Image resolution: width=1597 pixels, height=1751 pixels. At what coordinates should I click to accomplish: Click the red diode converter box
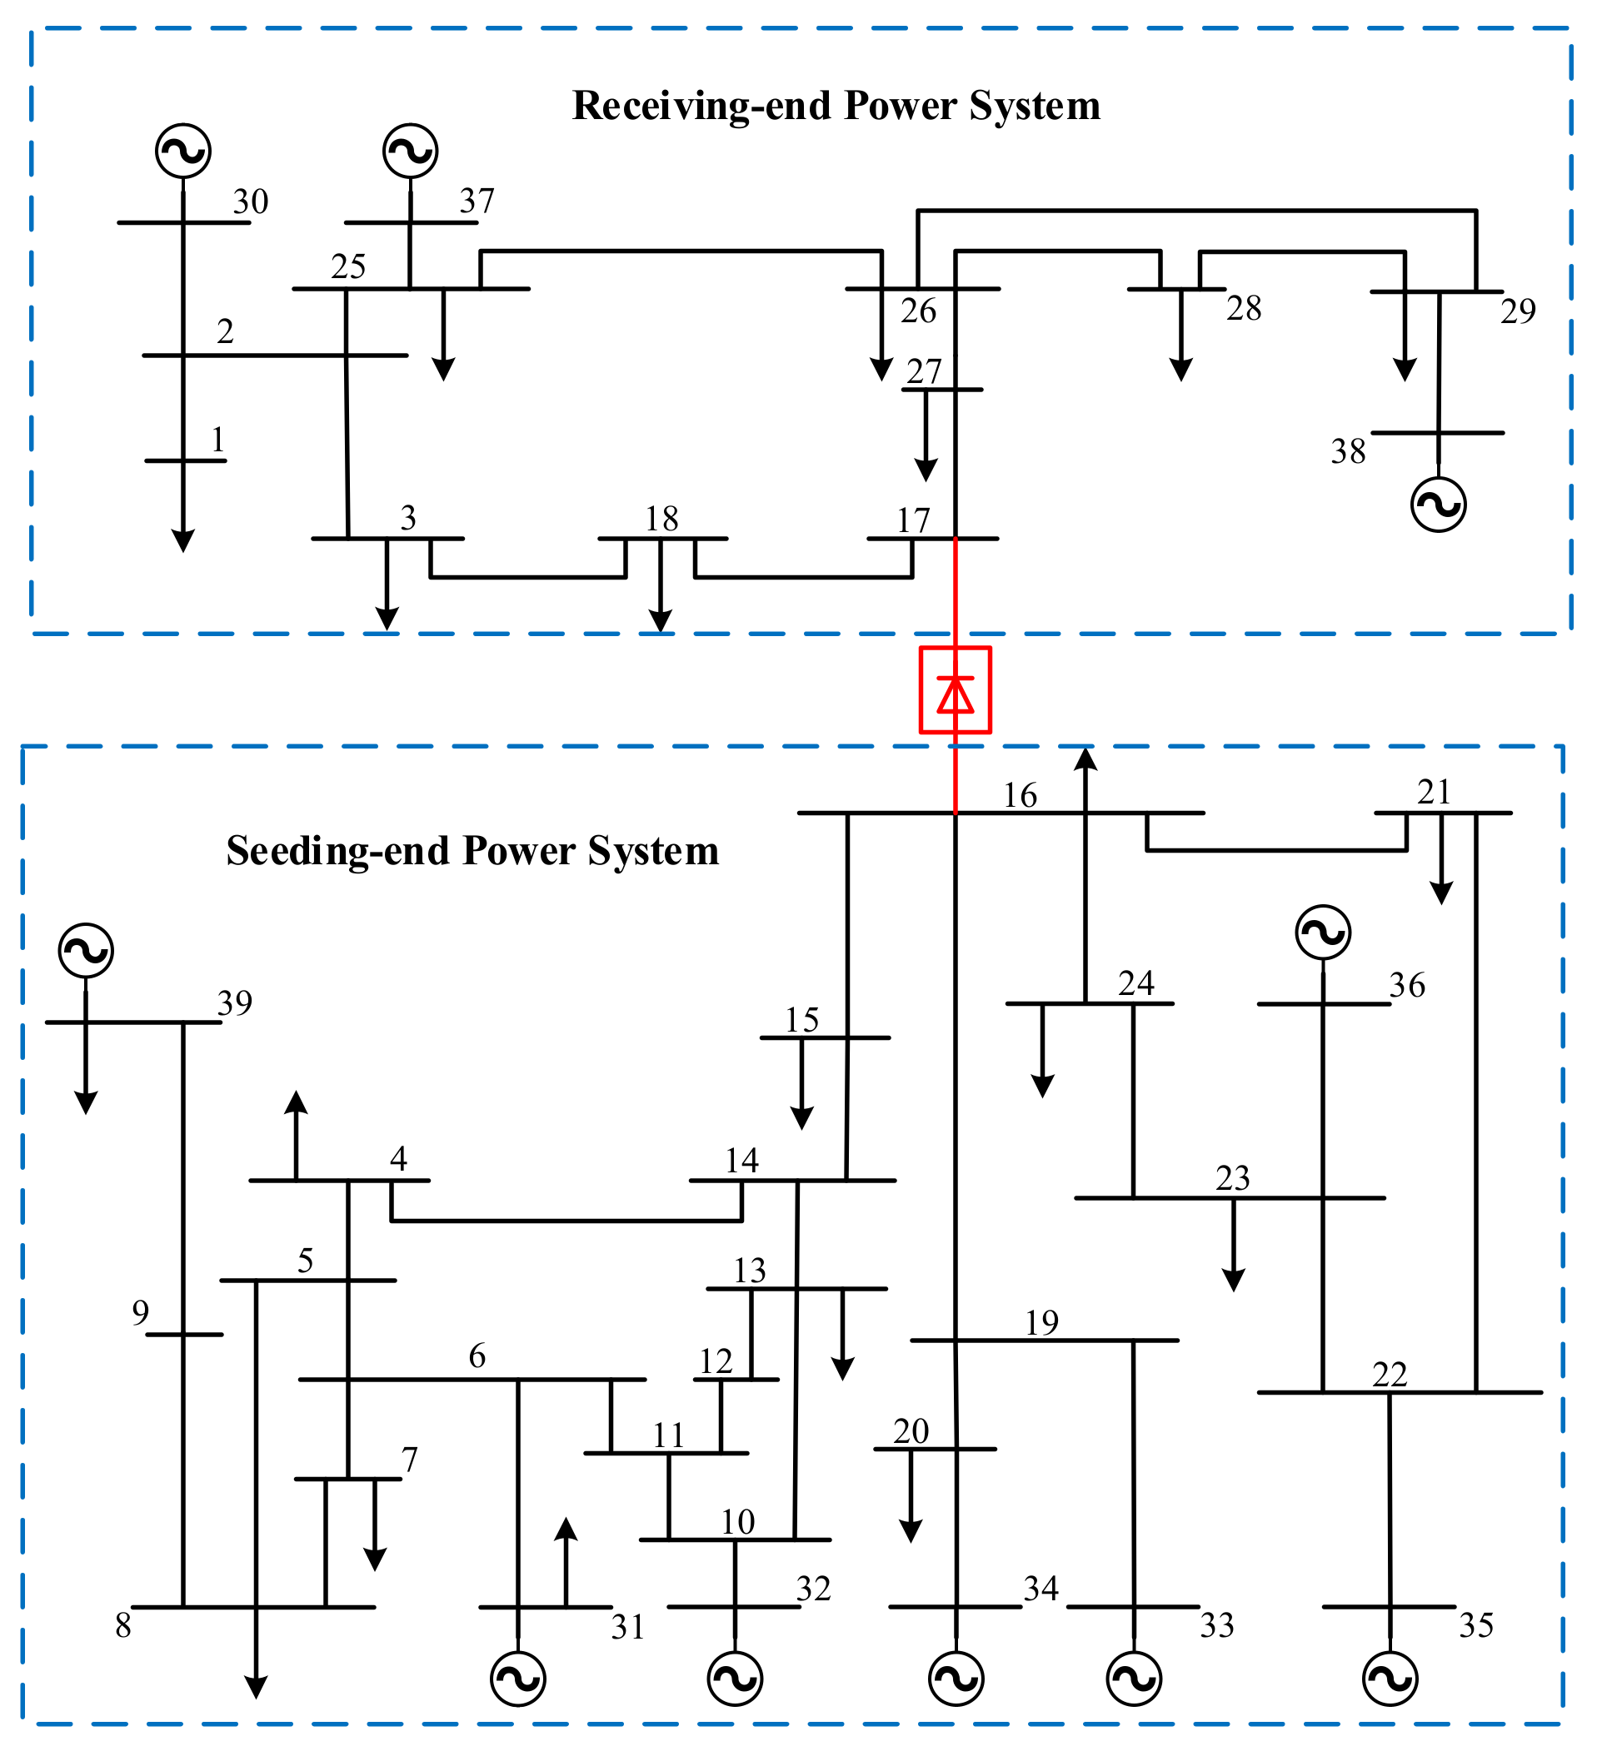pyautogui.click(x=955, y=689)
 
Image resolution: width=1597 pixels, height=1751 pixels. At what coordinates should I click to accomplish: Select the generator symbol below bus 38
pyautogui.click(x=1438, y=505)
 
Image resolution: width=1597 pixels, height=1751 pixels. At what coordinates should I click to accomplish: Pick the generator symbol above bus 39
pyautogui.click(x=86, y=950)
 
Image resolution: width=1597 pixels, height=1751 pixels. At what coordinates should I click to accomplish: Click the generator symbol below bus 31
pyautogui.click(x=518, y=1679)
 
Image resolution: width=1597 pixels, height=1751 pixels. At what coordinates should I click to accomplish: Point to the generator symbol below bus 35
pyautogui.click(x=1390, y=1679)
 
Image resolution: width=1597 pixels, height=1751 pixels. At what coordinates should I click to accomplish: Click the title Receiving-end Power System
pyautogui.click(x=836, y=106)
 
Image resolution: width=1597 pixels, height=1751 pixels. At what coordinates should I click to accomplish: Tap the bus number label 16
pyautogui.click(x=1019, y=794)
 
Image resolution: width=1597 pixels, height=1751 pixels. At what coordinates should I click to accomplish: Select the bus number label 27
pyautogui.click(x=924, y=371)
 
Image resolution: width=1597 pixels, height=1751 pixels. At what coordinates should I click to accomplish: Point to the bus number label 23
pyautogui.click(x=1232, y=1178)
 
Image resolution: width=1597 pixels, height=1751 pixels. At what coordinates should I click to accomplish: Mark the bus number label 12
pyautogui.click(x=716, y=1361)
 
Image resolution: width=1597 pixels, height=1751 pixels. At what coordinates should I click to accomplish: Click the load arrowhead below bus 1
pyautogui.click(x=183, y=540)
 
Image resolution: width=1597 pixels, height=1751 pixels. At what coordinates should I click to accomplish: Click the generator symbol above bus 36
pyautogui.click(x=1322, y=933)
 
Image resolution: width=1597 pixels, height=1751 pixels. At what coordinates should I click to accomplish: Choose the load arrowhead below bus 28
pyautogui.click(x=1180, y=369)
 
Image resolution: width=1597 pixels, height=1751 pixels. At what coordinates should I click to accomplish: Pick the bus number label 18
pyautogui.click(x=661, y=520)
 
